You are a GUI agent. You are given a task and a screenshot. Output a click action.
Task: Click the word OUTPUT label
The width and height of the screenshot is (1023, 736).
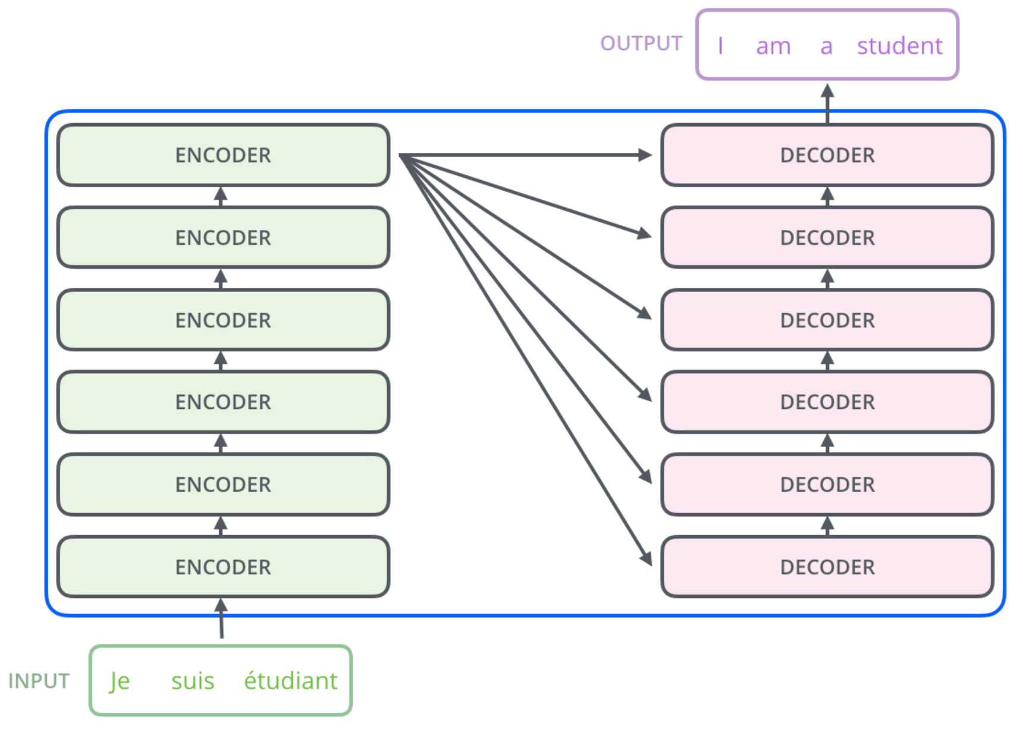(641, 43)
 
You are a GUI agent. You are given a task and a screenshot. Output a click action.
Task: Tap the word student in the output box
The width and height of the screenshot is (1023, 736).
(899, 45)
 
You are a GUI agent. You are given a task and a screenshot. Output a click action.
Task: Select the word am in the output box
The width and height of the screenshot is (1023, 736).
(773, 46)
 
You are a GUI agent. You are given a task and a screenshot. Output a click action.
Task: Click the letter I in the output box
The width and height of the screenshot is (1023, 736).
(720, 45)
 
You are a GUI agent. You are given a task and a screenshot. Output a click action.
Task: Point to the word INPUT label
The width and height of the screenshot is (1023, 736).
(39, 681)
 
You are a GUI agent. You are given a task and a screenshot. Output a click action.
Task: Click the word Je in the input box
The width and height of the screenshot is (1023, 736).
(120, 681)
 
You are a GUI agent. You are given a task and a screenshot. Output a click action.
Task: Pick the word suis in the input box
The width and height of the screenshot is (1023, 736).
(193, 681)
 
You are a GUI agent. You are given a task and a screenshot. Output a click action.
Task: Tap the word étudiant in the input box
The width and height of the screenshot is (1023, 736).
(290, 680)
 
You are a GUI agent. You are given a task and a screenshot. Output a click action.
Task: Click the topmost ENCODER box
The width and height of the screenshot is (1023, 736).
(224, 155)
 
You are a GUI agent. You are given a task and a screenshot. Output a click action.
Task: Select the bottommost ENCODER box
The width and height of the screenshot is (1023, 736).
(224, 567)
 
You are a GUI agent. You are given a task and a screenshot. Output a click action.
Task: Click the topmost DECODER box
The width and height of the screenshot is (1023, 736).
(827, 155)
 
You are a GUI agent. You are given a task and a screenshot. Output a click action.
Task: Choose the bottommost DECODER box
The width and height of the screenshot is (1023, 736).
(827, 567)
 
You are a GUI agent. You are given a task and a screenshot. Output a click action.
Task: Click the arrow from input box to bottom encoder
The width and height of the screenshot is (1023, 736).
(221, 618)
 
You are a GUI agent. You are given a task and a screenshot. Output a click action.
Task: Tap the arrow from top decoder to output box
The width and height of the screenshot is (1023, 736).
(827, 104)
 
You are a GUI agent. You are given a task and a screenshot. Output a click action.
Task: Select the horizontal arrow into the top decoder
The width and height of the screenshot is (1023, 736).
(526, 155)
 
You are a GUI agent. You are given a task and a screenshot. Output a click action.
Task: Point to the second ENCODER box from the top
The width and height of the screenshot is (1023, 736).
(224, 238)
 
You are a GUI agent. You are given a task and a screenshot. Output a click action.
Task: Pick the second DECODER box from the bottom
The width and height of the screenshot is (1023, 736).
(827, 485)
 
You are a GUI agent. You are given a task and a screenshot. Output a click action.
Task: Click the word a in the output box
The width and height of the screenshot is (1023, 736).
(826, 46)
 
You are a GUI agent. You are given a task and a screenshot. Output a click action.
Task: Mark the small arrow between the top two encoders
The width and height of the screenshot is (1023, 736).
(221, 196)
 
